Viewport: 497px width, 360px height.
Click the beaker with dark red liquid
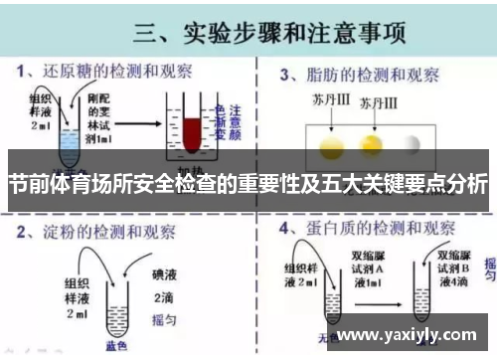click(191, 130)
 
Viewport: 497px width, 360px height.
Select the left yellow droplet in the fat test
click(331, 145)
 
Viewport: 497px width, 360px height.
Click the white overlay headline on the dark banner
click(248, 184)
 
